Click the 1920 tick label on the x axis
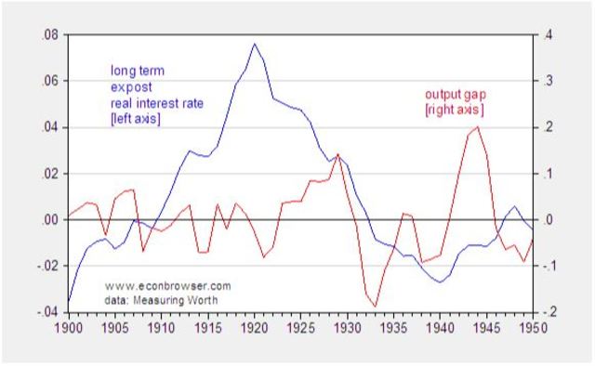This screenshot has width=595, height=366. [253, 328]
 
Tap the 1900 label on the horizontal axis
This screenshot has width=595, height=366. [69, 328]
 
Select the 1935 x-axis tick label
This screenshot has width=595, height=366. [391, 328]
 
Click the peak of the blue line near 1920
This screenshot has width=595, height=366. [254, 44]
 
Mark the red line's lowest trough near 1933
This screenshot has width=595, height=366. [375, 306]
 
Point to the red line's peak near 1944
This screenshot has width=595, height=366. [477, 126]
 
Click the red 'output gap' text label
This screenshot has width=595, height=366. [456, 95]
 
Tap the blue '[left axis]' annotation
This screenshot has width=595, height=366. [136, 118]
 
